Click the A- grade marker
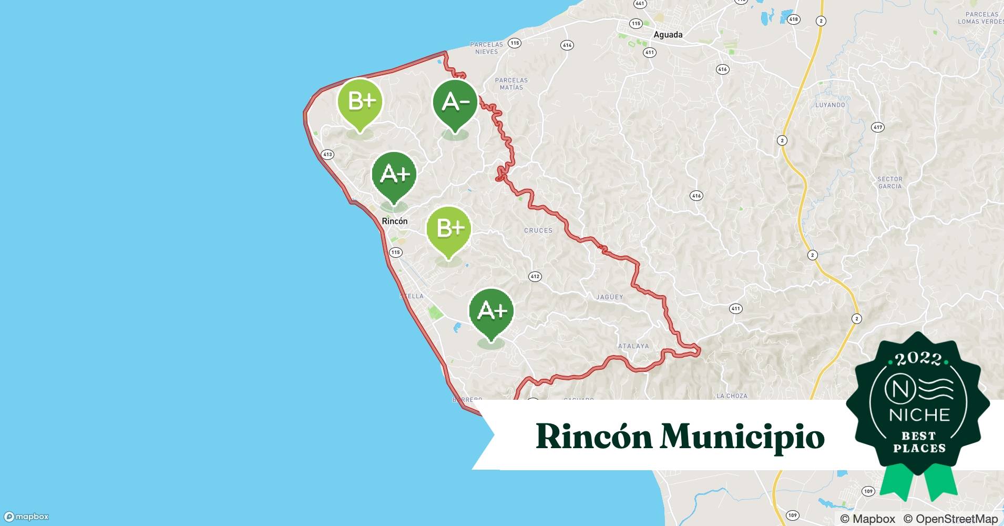455,103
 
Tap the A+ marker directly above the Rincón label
394,175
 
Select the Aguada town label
668,35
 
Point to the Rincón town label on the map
394,221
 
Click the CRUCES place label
538,230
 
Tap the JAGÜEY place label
609,297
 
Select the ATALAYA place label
633,346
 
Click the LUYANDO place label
830,105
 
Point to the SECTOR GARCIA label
889,183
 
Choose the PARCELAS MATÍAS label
511,84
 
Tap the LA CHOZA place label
732,396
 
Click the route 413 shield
327,155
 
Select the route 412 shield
535,277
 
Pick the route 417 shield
877,127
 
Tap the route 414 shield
567,45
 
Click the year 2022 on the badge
918,359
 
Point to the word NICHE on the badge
919,415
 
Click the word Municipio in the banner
742,437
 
